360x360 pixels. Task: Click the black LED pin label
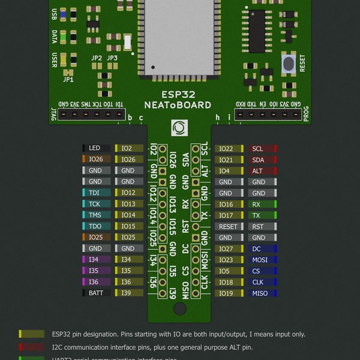(95, 148)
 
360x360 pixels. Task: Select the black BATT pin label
(95, 293)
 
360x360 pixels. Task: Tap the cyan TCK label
(95, 204)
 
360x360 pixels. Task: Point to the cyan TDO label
(95, 226)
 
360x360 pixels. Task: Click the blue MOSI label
(260, 260)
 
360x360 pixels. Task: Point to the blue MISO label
(260, 293)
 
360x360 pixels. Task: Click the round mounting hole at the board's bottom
(179, 308)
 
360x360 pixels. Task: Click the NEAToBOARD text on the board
(179, 105)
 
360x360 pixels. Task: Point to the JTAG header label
(53, 113)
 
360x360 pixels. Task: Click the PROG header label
(306, 113)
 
